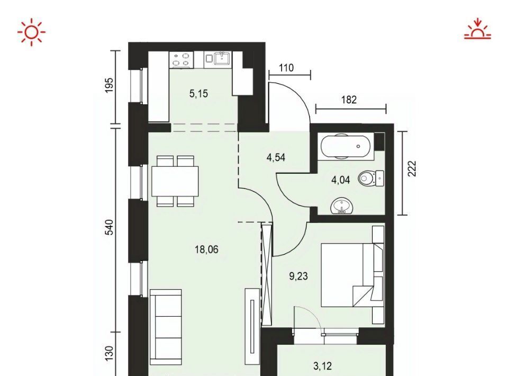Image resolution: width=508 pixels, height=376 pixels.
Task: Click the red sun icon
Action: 31,32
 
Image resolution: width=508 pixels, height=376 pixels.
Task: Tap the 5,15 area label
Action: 198,94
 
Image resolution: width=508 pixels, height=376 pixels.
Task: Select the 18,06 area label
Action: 206,249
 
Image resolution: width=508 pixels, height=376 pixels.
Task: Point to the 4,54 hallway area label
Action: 276,157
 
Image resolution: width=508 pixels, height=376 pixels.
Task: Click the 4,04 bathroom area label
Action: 340,180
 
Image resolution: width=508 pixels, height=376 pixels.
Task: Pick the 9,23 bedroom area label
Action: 298,276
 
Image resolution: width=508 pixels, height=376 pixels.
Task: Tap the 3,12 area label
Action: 323,366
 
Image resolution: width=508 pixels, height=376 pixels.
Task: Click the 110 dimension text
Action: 286,68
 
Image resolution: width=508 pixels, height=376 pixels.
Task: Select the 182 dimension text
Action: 349,100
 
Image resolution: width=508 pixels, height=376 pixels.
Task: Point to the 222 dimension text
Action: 412,168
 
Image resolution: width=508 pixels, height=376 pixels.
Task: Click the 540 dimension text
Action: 110,227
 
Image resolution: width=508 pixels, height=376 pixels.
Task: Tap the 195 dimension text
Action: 110,85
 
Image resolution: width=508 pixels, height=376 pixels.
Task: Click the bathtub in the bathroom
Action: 344,146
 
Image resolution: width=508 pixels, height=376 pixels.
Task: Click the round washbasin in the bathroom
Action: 342,206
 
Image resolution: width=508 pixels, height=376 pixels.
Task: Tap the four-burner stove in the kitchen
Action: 181,60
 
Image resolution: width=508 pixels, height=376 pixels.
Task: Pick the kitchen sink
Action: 222,58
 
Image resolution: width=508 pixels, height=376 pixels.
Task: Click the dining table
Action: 175,181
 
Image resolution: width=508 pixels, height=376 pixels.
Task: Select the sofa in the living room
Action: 166,327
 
